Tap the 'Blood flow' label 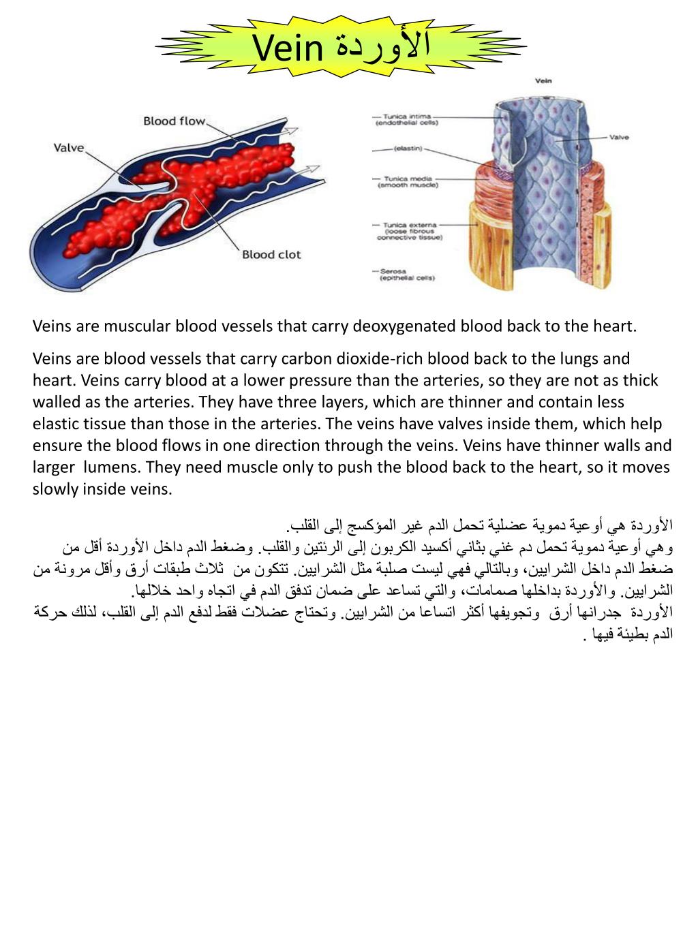click(x=174, y=121)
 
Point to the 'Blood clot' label click(x=271, y=255)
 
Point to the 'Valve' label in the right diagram click(x=619, y=137)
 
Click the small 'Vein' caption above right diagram click(x=543, y=81)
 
